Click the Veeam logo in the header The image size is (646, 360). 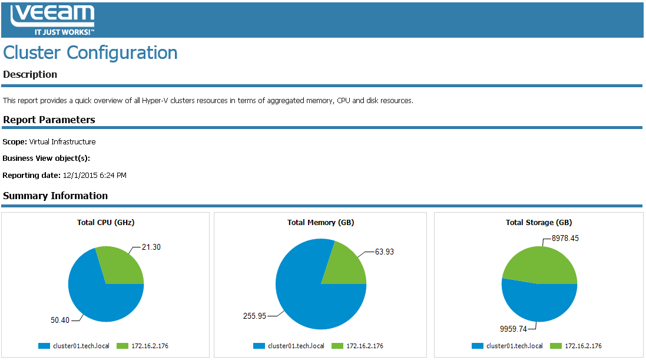(x=52, y=20)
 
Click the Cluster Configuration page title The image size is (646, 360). (x=90, y=52)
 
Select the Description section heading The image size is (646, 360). (x=30, y=74)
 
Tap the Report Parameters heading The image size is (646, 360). (x=49, y=120)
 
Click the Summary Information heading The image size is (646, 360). (x=55, y=196)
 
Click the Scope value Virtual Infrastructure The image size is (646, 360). (x=62, y=141)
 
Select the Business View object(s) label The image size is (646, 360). (x=46, y=158)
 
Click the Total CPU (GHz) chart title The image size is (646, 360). (x=106, y=222)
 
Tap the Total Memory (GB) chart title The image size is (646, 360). (x=320, y=222)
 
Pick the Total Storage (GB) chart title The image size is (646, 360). (x=539, y=222)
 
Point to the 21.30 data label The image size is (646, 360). (x=151, y=247)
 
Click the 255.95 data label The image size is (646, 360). (x=254, y=315)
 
